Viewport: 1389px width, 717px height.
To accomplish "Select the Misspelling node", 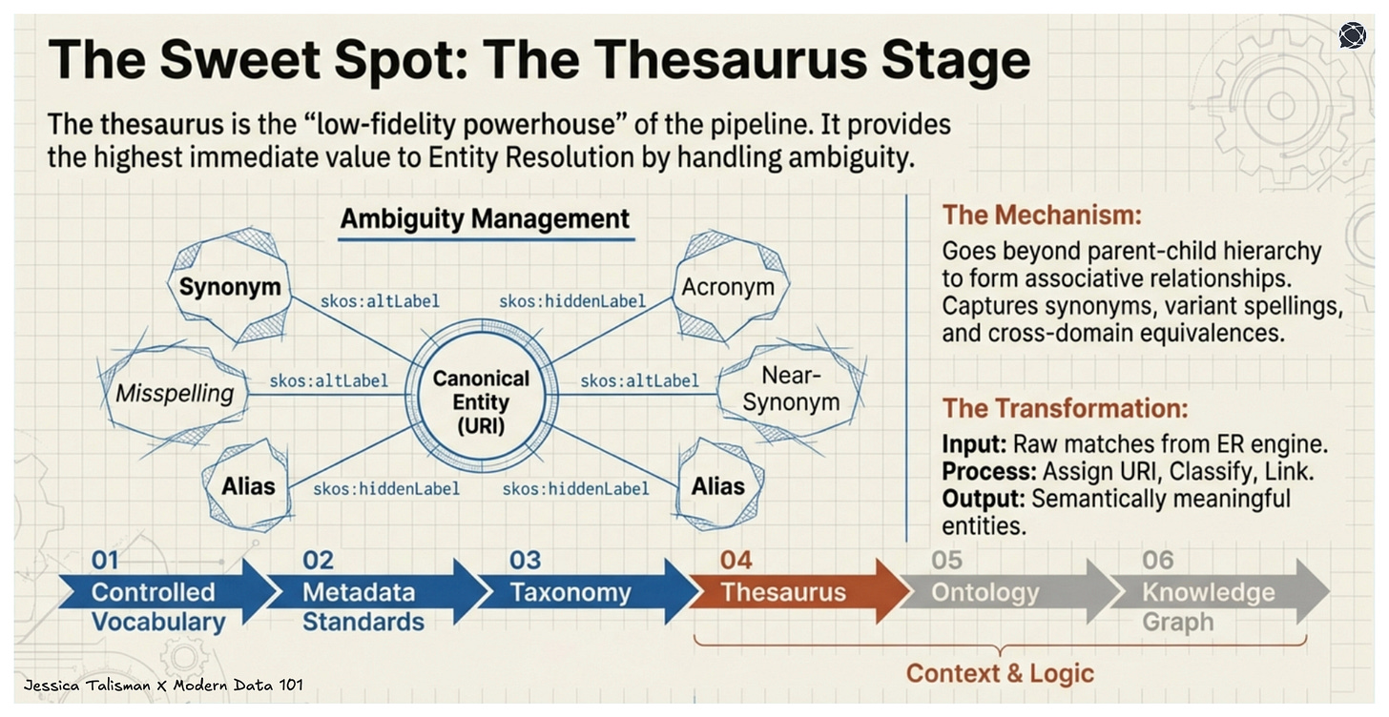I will (x=174, y=393).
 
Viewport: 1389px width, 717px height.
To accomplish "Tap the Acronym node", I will (x=729, y=287).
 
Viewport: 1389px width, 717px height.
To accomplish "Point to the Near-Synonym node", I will (x=790, y=390).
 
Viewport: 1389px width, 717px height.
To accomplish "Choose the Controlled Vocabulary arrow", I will (x=157, y=601).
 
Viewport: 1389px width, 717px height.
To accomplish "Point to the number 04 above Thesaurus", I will (x=736, y=560).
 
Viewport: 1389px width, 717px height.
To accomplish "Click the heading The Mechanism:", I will (x=1041, y=215).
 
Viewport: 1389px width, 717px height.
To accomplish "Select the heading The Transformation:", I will (x=1065, y=409).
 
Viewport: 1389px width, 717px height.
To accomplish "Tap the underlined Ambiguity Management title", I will (x=485, y=219).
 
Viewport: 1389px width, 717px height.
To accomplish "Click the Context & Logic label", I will (x=999, y=673).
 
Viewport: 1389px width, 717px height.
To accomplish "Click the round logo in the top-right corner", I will (x=1352, y=35).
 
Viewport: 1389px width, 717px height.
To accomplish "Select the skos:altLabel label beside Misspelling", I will (x=328, y=381).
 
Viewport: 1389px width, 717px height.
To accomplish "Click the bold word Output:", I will (x=984, y=499).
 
